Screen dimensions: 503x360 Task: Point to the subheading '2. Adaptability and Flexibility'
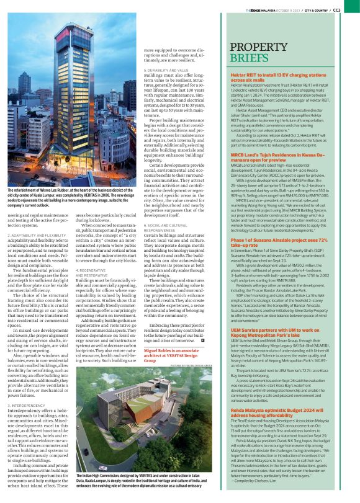coord(38,218)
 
